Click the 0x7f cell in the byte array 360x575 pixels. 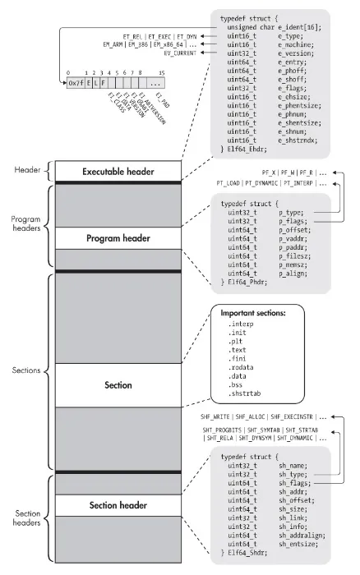coord(76,82)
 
